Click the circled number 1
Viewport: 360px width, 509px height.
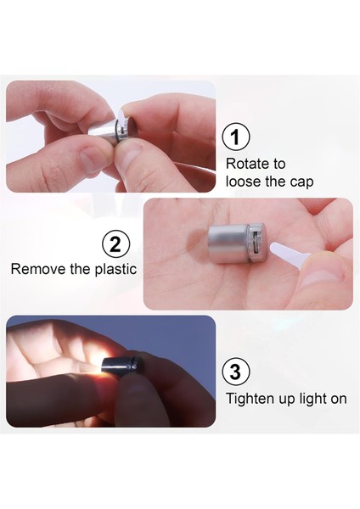click(x=236, y=137)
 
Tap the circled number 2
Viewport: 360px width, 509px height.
click(x=115, y=244)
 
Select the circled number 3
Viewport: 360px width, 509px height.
click(x=236, y=372)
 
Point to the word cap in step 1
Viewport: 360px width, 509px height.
click(x=301, y=182)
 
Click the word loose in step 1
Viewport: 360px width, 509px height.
click(x=244, y=181)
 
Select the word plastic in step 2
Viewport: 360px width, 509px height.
click(x=116, y=270)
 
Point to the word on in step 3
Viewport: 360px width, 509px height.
click(x=339, y=400)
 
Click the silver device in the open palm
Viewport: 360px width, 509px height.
click(x=237, y=243)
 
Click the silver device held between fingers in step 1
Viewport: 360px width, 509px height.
click(x=110, y=129)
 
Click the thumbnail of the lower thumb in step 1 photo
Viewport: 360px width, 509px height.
click(x=92, y=158)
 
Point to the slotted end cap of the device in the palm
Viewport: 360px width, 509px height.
click(x=256, y=243)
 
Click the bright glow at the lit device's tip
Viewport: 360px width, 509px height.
click(x=98, y=363)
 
